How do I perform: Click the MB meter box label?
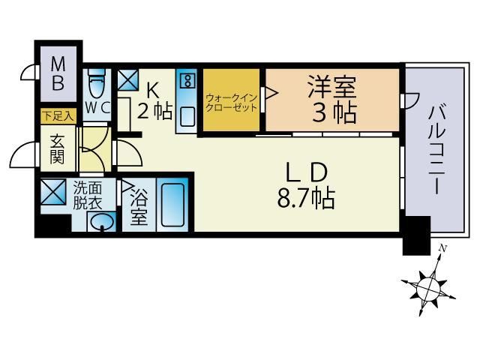(58, 73)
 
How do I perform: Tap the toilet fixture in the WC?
(96, 80)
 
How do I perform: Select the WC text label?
(97, 107)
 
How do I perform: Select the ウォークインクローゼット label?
(232, 102)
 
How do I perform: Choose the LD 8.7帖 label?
(305, 186)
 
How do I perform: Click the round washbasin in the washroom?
(102, 221)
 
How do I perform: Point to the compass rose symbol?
(427, 285)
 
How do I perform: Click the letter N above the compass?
(443, 248)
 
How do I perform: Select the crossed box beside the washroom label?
(54, 193)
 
